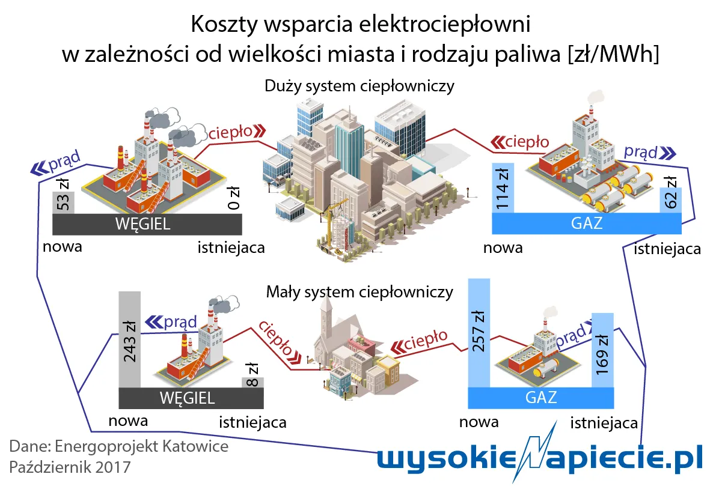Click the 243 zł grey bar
tap(129, 339)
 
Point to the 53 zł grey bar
tap(63, 201)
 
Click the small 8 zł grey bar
tap(252, 382)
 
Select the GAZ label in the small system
tap(541, 397)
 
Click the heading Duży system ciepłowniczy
tap(359, 86)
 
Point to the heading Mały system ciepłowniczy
tap(359, 293)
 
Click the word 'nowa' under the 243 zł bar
tap(128, 420)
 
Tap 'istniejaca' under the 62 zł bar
tap(667, 248)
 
